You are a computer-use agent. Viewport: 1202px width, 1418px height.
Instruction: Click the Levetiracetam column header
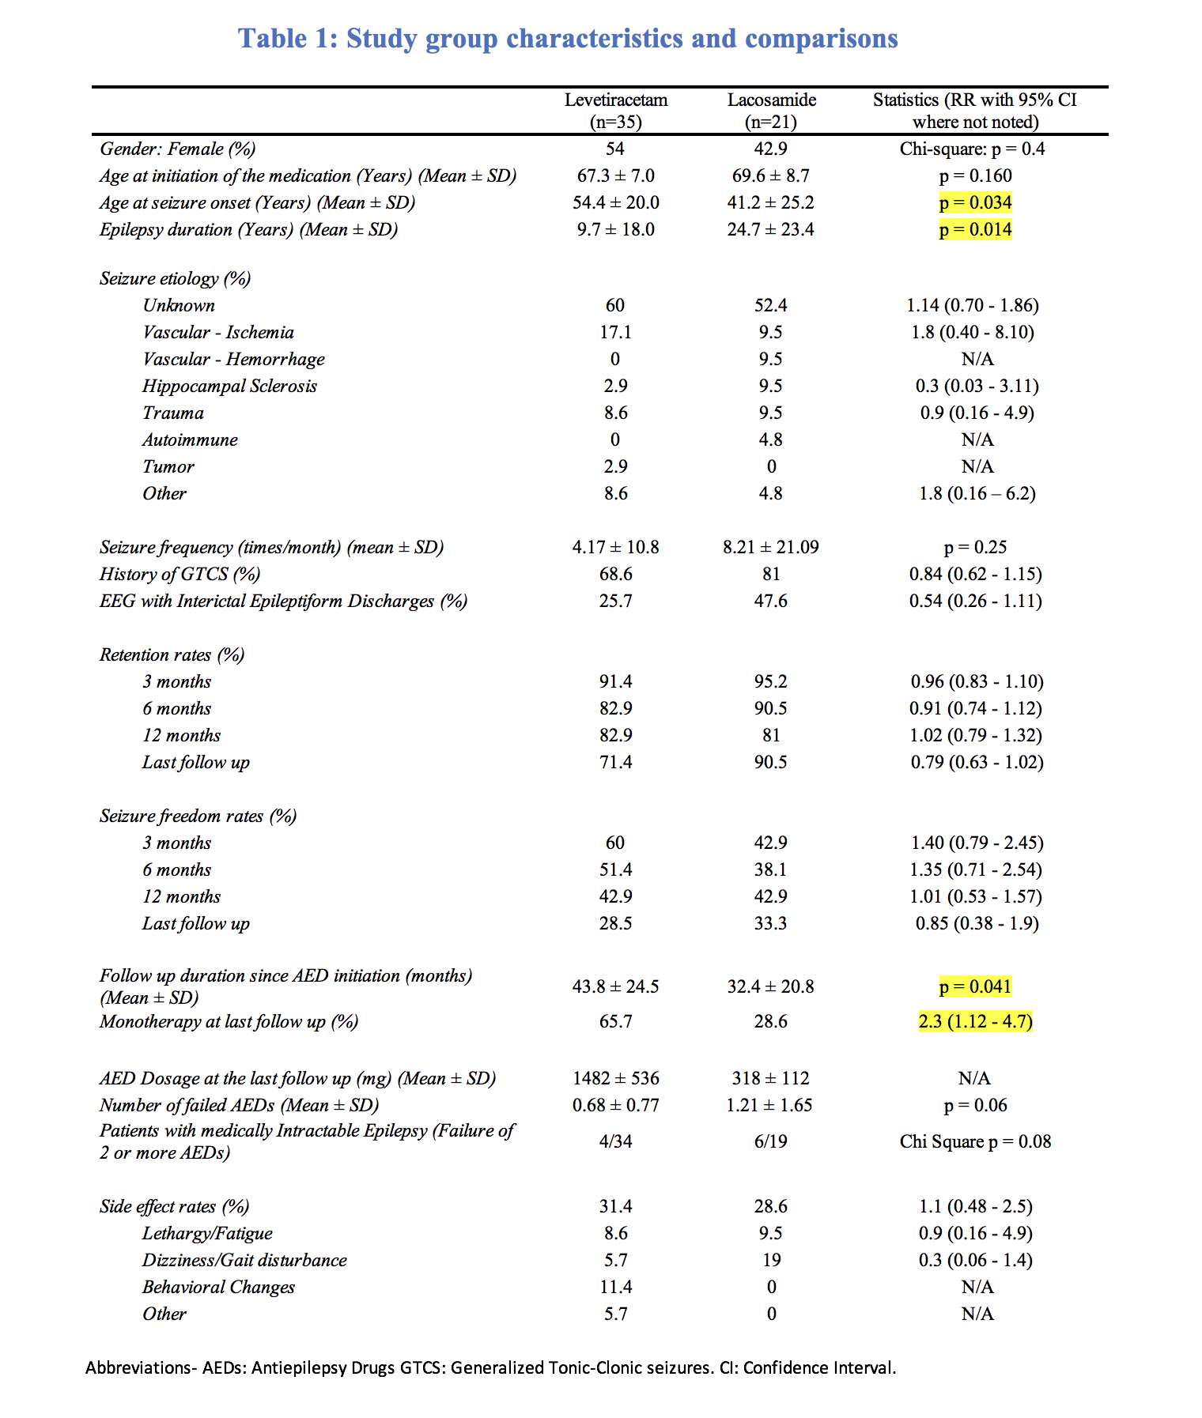615,111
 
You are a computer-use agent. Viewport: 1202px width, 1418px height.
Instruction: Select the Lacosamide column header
771,111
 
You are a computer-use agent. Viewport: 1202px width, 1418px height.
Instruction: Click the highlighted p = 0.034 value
975,203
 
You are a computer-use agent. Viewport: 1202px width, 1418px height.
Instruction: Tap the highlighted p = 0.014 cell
975,230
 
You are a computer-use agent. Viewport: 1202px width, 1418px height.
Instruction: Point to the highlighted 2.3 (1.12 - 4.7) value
975,1022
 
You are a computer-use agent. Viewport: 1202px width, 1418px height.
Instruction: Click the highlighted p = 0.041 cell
975,987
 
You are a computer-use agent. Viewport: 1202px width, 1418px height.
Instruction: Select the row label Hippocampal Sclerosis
229,387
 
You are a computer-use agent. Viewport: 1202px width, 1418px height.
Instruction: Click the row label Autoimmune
190,440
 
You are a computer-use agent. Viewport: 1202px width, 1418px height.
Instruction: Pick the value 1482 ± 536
615,1079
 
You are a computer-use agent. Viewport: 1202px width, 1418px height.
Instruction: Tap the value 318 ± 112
771,1079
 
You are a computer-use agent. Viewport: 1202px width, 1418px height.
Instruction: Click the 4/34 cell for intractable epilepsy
615,1142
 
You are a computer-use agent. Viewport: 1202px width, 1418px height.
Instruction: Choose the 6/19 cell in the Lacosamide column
771,1142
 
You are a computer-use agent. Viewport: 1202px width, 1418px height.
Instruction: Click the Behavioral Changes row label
218,1288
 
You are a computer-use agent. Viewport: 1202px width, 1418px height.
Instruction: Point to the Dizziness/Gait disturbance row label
244,1261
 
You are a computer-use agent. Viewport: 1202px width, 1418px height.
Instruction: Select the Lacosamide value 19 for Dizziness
771,1261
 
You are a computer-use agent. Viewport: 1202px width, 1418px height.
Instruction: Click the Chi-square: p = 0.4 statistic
972,149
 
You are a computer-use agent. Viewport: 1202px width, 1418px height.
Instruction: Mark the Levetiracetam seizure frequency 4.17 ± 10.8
615,548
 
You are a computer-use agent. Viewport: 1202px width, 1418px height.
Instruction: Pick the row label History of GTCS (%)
180,575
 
